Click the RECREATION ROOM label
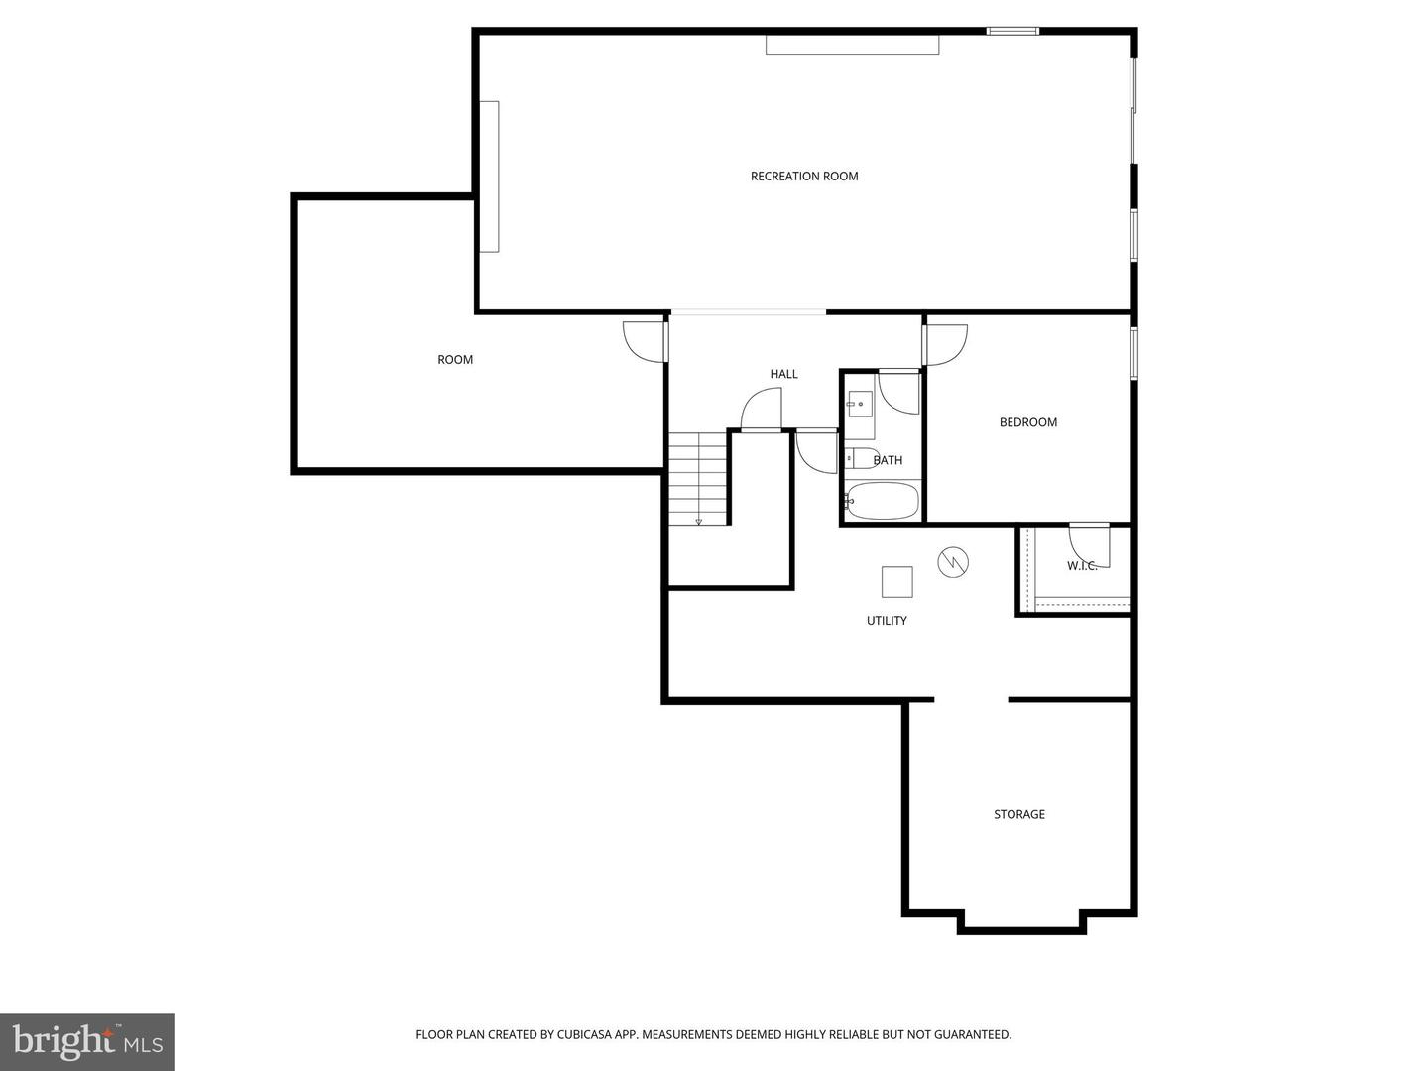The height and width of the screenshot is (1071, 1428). point(803,177)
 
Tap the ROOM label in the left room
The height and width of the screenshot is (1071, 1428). point(455,360)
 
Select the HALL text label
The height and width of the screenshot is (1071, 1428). point(783,374)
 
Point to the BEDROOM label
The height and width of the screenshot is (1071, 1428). point(1027,422)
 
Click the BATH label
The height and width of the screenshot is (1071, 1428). point(888,460)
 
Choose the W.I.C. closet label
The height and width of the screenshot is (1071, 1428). point(1081,566)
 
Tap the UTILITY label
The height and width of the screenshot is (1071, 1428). point(887,621)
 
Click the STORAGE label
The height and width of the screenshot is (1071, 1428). point(1018,814)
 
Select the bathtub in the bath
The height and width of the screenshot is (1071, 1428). point(882,501)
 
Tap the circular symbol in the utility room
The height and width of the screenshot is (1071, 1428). point(953,563)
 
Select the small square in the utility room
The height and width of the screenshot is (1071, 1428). point(896,582)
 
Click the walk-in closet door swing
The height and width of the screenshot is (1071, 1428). point(1090,544)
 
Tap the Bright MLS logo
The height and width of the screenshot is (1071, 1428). point(87,1041)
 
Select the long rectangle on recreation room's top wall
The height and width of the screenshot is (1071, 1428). point(852,45)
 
